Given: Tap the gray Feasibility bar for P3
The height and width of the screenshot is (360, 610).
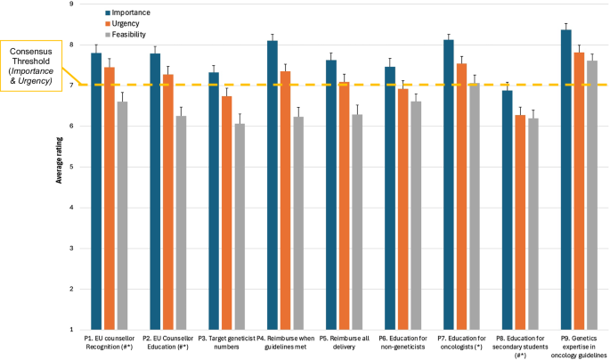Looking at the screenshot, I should click(240, 226).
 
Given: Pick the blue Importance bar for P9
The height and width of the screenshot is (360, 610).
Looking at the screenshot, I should click(565, 179).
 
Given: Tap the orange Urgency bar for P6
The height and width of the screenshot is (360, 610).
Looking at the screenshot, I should click(403, 209).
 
